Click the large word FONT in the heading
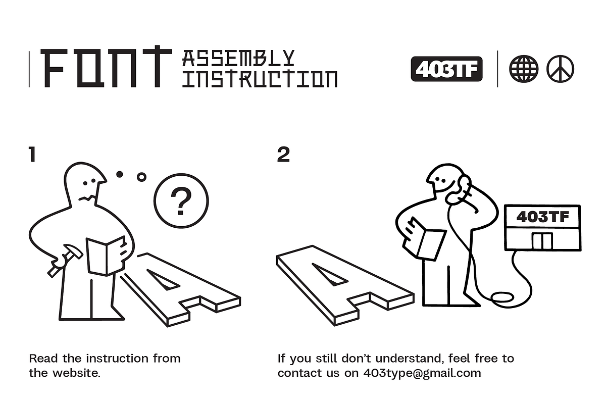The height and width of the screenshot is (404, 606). pyautogui.click(x=106, y=67)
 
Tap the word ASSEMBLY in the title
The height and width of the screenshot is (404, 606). pyautogui.click(x=238, y=58)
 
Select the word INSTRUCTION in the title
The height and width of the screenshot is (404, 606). pyautogui.click(x=260, y=79)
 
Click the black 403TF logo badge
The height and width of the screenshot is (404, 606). pyautogui.click(x=446, y=69)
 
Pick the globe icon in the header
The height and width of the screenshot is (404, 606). pyautogui.click(x=524, y=69)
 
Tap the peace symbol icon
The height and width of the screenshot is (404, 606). pyautogui.click(x=560, y=69)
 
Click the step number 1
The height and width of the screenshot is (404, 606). pyautogui.click(x=32, y=154)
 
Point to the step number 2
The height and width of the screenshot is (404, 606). pyautogui.click(x=283, y=154)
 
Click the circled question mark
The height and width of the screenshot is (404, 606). pyautogui.click(x=181, y=201)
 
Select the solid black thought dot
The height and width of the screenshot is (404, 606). pyautogui.click(x=120, y=174)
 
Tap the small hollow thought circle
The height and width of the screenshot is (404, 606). pyautogui.click(x=141, y=177)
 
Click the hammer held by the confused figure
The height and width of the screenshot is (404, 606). pyautogui.click(x=65, y=260)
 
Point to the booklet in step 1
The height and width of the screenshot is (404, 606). pyautogui.click(x=107, y=256)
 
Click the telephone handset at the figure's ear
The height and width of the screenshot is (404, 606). pyautogui.click(x=459, y=189)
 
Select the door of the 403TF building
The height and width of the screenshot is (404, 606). pyautogui.click(x=542, y=241)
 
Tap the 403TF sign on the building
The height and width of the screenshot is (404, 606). pyautogui.click(x=543, y=217)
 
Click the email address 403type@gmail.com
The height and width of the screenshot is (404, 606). pyautogui.click(x=422, y=373)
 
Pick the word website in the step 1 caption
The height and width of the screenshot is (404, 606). pyautogui.click(x=76, y=373)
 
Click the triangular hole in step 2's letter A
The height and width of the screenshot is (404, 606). pyautogui.click(x=329, y=274)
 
